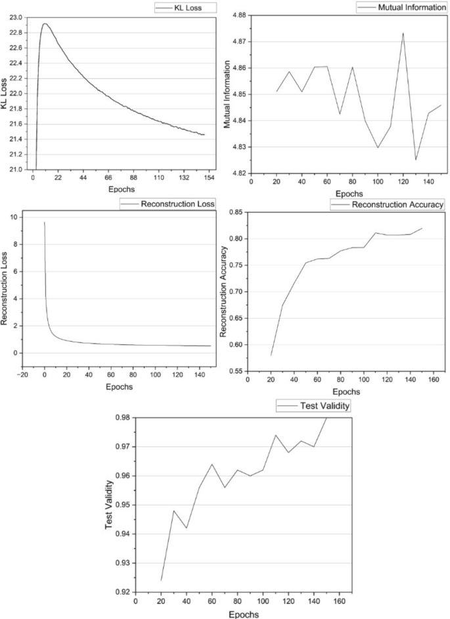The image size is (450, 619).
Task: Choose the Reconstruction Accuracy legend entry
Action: (388, 204)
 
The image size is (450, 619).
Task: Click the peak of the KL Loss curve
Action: (45, 24)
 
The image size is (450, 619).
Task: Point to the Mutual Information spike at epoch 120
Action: (403, 33)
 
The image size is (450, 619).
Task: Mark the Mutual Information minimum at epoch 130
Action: (416, 160)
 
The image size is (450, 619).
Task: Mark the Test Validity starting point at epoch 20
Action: (161, 580)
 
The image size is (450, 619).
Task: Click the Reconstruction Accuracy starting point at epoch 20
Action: (271, 355)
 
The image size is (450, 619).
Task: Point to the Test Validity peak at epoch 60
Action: (212, 464)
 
